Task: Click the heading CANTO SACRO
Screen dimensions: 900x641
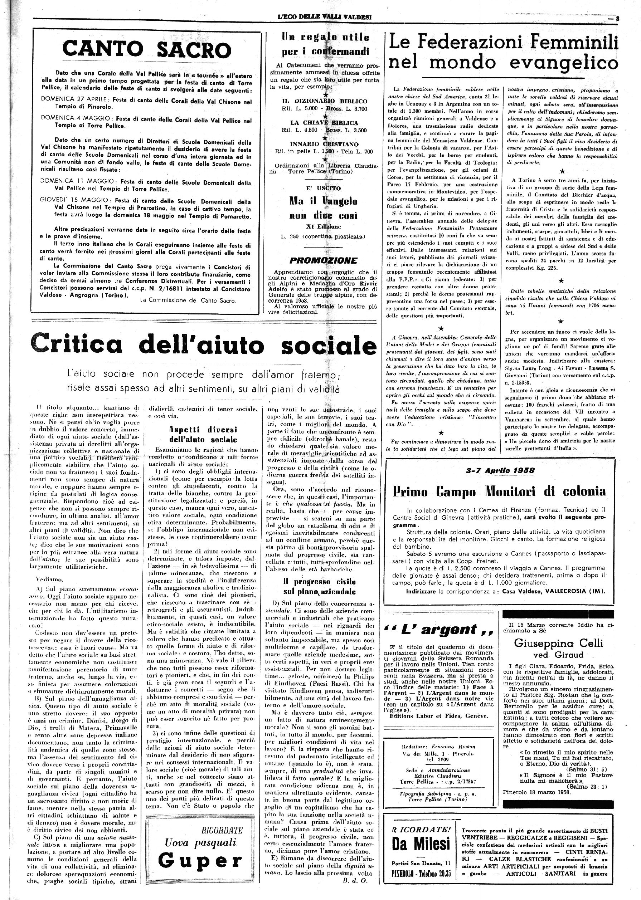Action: pyautogui.click(x=147, y=50)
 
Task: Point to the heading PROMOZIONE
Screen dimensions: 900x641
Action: pyautogui.click(x=323, y=260)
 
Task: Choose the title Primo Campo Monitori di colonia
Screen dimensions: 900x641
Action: pyautogui.click(x=499, y=491)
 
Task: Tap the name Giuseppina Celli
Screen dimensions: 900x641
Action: pyautogui.click(x=558, y=643)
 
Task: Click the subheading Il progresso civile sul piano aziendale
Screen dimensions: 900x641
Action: pyautogui.click(x=319, y=586)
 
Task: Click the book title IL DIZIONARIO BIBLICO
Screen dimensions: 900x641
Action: pyautogui.click(x=322, y=101)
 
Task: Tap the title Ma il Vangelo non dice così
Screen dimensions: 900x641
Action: pyautogui.click(x=323, y=208)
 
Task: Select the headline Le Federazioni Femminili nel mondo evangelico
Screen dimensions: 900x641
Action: pyautogui.click(x=502, y=53)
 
